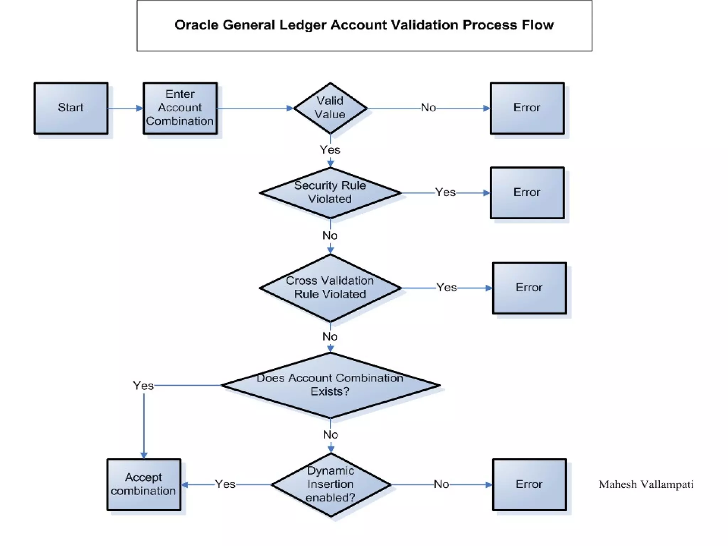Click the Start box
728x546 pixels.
click(71, 108)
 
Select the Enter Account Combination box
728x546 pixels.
click(180, 108)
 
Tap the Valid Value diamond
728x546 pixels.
click(330, 108)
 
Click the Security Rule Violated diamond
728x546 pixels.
click(330, 193)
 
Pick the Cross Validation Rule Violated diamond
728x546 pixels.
click(330, 288)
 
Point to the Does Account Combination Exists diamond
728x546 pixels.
click(330, 385)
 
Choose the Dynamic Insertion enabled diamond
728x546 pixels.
click(331, 484)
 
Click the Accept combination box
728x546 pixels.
click(144, 484)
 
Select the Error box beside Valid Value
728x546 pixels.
click(527, 108)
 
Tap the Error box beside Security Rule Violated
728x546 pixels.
click(527, 193)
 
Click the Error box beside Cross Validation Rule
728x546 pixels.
click(529, 288)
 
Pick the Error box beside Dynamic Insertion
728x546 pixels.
click(529, 484)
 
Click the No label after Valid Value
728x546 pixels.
click(428, 108)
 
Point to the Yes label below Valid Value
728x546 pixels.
click(330, 150)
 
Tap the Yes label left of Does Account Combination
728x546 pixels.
click(143, 386)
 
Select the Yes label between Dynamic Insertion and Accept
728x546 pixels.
click(225, 484)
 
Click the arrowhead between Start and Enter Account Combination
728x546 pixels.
click(139, 108)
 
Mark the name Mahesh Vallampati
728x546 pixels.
click(646, 485)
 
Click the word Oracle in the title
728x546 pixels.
click(196, 25)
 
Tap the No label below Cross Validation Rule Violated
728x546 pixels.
click(330, 336)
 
